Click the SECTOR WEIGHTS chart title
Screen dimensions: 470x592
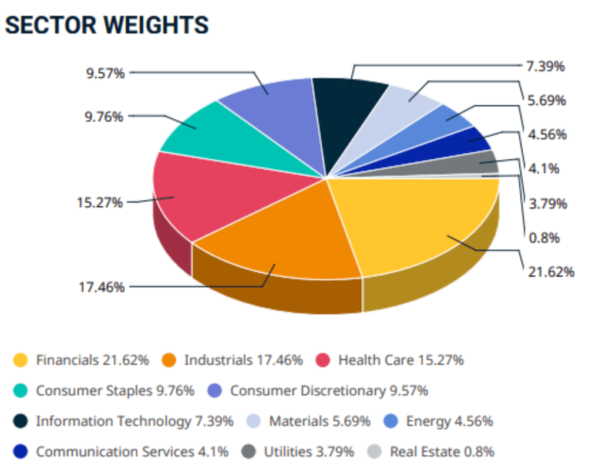106,25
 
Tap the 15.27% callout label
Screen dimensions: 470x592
99,203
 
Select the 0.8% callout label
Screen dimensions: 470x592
543,238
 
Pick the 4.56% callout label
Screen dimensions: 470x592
546,135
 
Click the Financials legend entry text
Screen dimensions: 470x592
92,360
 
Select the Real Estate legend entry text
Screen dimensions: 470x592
442,452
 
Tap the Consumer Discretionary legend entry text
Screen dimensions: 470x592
329,391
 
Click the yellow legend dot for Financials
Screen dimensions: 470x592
21,360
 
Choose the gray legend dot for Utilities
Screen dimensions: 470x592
248,452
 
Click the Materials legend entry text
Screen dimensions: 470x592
319,421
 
